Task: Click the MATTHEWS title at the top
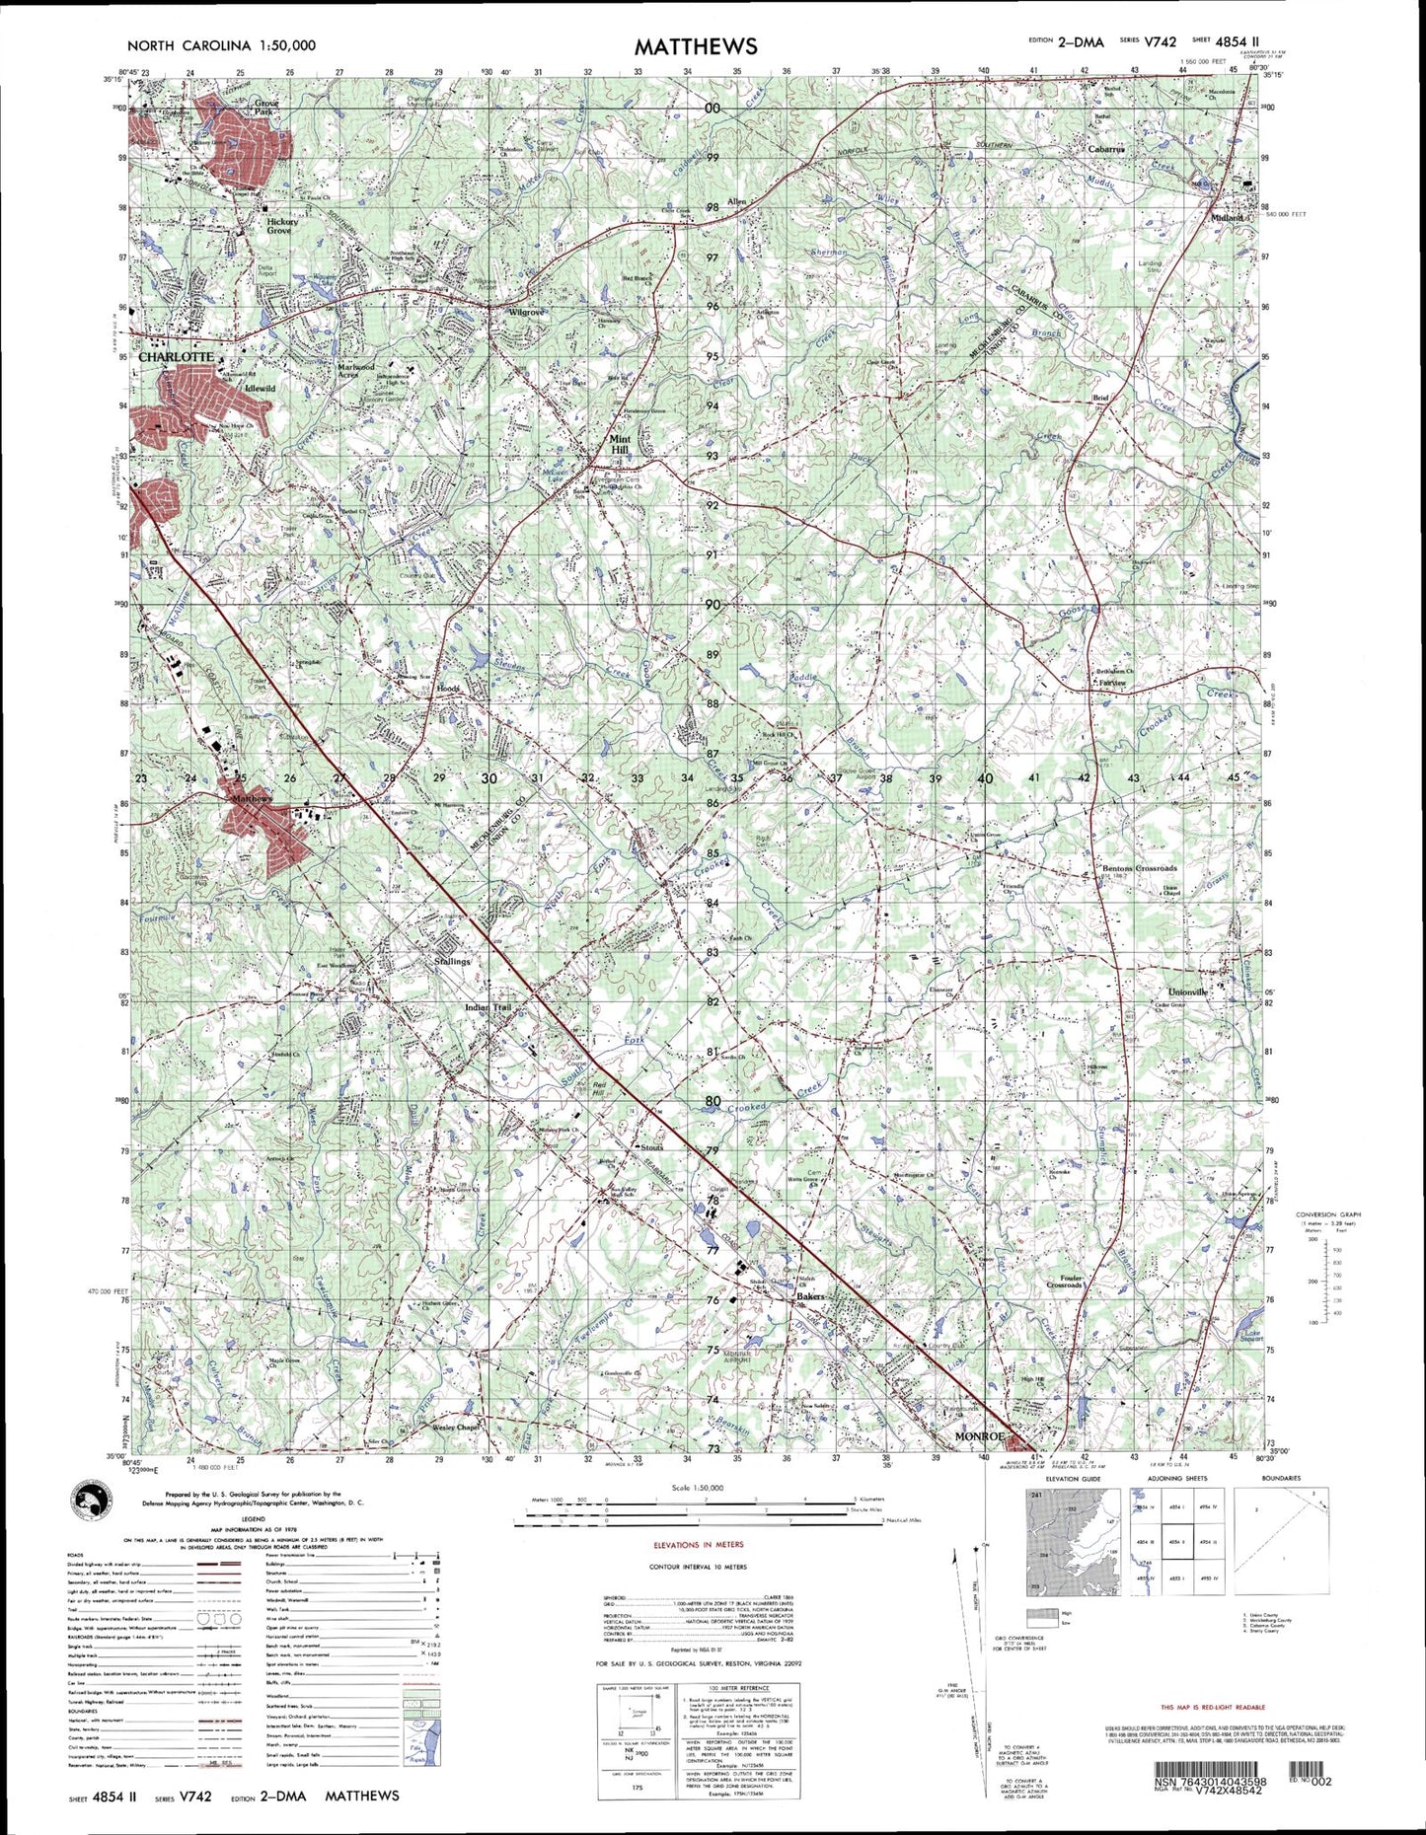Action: tap(695, 46)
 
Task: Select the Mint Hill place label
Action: tap(620, 444)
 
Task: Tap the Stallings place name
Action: tap(453, 961)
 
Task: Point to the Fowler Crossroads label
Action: tap(1064, 1281)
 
